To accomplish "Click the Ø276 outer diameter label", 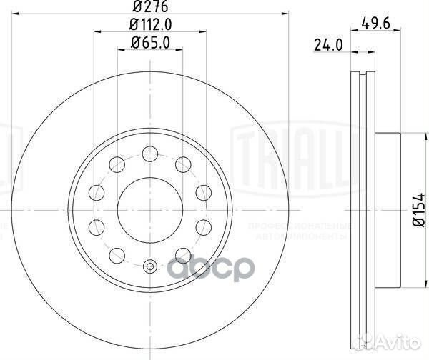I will [149, 9].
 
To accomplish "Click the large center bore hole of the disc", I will [149, 208].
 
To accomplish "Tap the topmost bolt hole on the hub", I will [149, 151].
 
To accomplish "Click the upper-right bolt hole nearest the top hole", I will [183, 162].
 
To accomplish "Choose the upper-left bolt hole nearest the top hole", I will [117, 162].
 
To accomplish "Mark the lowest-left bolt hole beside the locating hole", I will [117, 254].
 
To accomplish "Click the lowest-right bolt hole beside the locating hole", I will [183, 254].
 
